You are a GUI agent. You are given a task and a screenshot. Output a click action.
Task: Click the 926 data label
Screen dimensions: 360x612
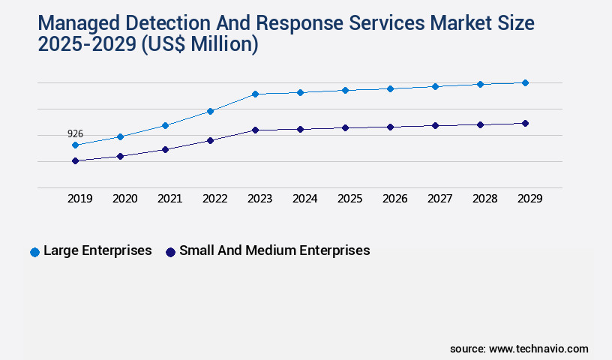click(x=75, y=133)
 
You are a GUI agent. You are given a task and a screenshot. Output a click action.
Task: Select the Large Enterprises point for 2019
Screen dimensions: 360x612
click(x=75, y=145)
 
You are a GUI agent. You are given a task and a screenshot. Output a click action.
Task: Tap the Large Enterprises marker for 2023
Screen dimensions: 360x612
click(x=255, y=94)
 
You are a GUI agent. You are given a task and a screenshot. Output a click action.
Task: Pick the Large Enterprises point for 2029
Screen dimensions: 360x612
click(x=525, y=82)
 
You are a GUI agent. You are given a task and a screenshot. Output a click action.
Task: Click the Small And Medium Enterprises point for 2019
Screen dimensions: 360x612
click(x=75, y=160)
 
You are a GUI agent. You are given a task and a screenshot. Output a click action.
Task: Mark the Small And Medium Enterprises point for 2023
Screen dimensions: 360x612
click(x=255, y=130)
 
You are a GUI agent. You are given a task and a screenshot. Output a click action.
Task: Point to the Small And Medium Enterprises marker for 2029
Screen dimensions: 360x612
click(x=525, y=123)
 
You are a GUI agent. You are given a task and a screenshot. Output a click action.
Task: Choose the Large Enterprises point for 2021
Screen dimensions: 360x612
click(x=165, y=125)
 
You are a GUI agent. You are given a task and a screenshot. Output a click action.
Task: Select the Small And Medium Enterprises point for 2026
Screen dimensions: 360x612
click(x=390, y=127)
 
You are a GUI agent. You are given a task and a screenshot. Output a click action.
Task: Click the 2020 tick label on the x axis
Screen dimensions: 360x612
click(x=124, y=199)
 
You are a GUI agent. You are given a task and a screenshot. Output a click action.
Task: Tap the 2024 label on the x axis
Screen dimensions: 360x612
click(x=304, y=199)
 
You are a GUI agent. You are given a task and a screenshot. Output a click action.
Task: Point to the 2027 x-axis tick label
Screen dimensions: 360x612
click(x=439, y=199)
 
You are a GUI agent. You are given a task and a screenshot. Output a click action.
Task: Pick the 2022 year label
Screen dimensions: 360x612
click(x=214, y=199)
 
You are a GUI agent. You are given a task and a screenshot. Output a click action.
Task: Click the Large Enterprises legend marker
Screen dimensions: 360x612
click(x=34, y=252)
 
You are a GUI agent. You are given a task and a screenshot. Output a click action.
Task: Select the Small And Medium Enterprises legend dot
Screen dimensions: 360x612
click(x=170, y=252)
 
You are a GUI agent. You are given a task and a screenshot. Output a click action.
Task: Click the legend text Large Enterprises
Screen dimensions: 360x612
click(x=97, y=250)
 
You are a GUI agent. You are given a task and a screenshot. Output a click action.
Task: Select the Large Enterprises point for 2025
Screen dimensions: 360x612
click(x=345, y=90)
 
